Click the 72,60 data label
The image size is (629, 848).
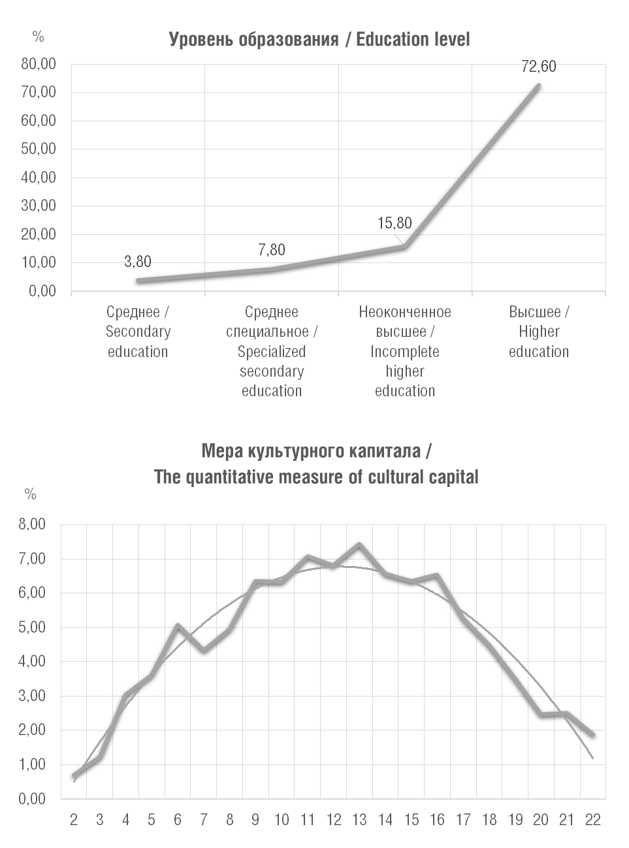pyautogui.click(x=539, y=67)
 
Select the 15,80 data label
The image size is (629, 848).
pyautogui.click(x=395, y=223)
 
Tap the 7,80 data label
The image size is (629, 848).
pyautogui.click(x=272, y=250)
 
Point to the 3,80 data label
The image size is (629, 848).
pyautogui.click(x=138, y=262)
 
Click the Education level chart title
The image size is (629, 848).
pyautogui.click(x=319, y=40)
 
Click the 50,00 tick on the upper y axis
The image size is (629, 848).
pyautogui.click(x=39, y=149)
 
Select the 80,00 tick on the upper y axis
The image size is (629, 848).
pyautogui.click(x=39, y=64)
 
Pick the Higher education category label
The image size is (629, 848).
pyautogui.click(x=539, y=332)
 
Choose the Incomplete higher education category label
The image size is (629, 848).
pyautogui.click(x=405, y=351)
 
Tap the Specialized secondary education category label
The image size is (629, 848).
pyautogui.click(x=272, y=351)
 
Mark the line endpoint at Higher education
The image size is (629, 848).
pyautogui.click(x=539, y=85)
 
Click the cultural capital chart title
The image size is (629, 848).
pyautogui.click(x=316, y=464)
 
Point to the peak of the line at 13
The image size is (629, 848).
pyautogui.click(x=359, y=544)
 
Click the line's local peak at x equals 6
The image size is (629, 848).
pyautogui.click(x=178, y=625)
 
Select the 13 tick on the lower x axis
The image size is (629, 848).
pyautogui.click(x=359, y=820)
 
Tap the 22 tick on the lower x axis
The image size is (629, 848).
pyautogui.click(x=592, y=820)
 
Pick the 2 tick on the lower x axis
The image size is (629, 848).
pyautogui.click(x=74, y=820)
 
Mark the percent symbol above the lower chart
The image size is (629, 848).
pyautogui.click(x=30, y=494)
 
